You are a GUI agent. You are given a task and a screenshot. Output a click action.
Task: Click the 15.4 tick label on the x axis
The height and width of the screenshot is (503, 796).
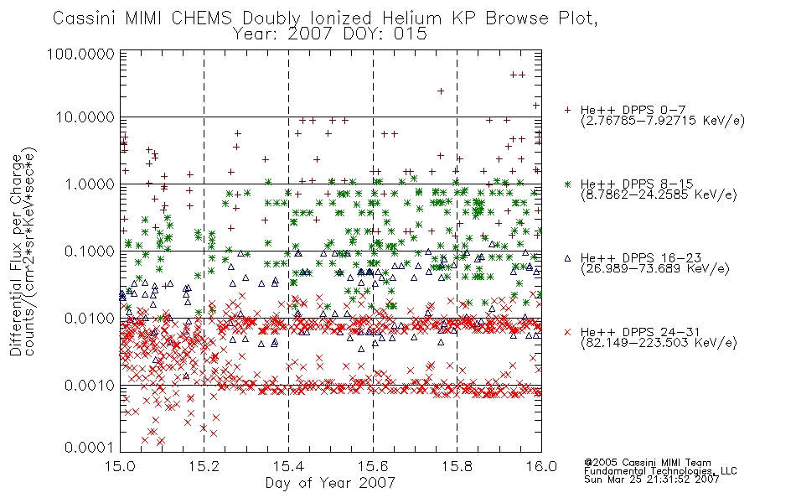click(288, 466)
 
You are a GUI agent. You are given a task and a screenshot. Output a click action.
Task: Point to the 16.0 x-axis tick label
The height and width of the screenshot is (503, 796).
click(541, 466)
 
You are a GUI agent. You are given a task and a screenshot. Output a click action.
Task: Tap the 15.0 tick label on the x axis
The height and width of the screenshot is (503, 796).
click(120, 466)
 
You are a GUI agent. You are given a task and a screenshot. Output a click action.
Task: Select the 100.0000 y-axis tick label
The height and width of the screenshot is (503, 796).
click(80, 54)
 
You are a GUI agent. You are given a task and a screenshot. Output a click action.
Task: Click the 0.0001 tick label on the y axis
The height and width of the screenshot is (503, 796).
click(89, 448)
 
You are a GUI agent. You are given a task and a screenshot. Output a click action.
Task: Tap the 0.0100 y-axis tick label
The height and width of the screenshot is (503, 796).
click(89, 319)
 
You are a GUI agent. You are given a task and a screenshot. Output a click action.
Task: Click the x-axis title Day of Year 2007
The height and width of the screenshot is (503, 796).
click(330, 483)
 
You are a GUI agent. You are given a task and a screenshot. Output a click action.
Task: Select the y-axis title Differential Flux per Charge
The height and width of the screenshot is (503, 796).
click(16, 255)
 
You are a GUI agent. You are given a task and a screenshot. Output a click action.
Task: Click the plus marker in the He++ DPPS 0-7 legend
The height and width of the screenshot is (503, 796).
click(567, 110)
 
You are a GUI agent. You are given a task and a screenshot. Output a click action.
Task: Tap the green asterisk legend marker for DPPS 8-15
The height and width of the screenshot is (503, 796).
click(567, 184)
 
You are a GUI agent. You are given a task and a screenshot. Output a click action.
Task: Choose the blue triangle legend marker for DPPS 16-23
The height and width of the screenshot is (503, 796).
click(567, 258)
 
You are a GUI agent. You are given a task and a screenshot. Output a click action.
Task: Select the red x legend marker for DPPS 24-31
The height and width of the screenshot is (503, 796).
click(567, 332)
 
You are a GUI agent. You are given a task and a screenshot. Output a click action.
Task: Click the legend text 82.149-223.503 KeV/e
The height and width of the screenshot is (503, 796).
click(659, 343)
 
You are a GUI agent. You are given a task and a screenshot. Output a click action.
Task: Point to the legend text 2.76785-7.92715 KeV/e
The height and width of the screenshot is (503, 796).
click(663, 121)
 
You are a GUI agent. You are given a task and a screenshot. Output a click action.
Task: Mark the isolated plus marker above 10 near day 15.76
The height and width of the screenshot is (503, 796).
click(441, 91)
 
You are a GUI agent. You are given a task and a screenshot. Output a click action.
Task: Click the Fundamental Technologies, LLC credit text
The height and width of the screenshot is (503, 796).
click(660, 471)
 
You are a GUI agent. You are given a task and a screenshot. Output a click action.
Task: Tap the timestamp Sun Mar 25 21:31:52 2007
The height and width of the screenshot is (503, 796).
click(651, 480)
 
